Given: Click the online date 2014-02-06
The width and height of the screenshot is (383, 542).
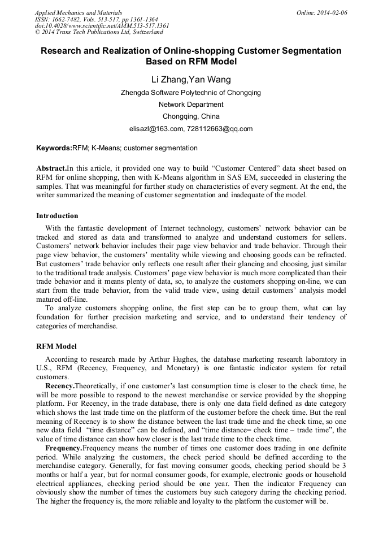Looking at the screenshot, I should pos(331,12).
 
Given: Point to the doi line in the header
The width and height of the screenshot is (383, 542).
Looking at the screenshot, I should pos(102,25).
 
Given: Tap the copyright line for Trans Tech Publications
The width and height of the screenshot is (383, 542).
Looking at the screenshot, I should pos(99,32).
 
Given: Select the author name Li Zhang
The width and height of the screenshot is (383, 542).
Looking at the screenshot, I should pos(169,79).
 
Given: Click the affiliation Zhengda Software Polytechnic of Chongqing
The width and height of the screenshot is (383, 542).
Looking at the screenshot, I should pos(191,93).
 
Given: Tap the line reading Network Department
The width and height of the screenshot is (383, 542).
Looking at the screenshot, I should pos(191,105).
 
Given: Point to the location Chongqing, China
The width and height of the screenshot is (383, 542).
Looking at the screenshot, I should pos(191,116).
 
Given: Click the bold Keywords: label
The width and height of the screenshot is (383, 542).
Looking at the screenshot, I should pos(54,148).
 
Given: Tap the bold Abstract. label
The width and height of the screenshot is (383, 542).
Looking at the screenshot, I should pos(51,168).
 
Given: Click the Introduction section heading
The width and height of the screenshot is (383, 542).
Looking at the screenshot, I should pos(57,215).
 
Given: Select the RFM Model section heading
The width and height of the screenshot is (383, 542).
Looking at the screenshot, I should pos(56,346).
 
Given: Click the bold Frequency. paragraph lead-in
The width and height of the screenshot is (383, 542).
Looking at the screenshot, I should pos(64,448).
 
